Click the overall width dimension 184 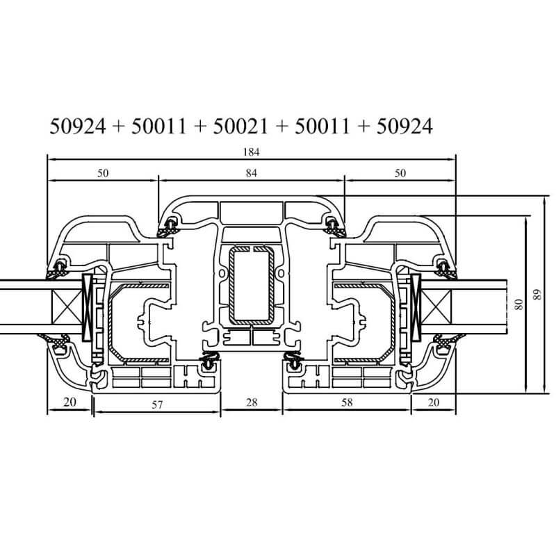point(251,152)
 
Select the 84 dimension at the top point(251,173)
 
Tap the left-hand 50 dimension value point(103,173)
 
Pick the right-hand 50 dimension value point(400,173)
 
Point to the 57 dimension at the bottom point(157,404)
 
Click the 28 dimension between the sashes point(252,402)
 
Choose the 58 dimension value point(347,402)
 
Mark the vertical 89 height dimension point(537,295)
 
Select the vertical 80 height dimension point(518,304)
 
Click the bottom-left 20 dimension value point(70,402)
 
